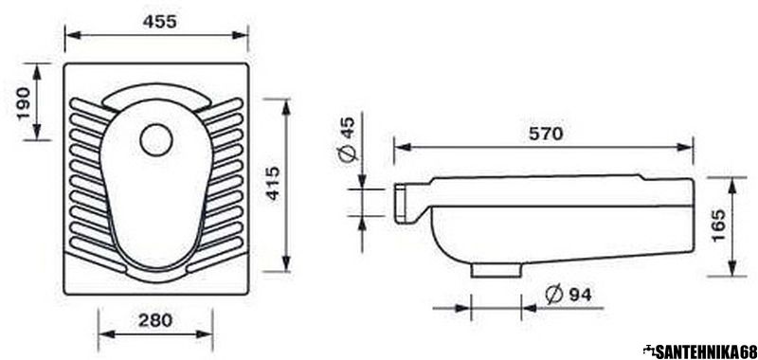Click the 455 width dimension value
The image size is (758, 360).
(159, 22)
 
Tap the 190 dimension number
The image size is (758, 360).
(25, 104)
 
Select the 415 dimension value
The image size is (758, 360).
(273, 183)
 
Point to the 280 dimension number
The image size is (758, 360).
(155, 320)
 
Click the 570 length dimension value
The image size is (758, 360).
(546, 134)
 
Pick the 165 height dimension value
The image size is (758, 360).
(719, 226)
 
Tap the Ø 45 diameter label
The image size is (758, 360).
(349, 138)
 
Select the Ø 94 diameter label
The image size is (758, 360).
(568, 294)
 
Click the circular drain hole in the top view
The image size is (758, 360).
(156, 139)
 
